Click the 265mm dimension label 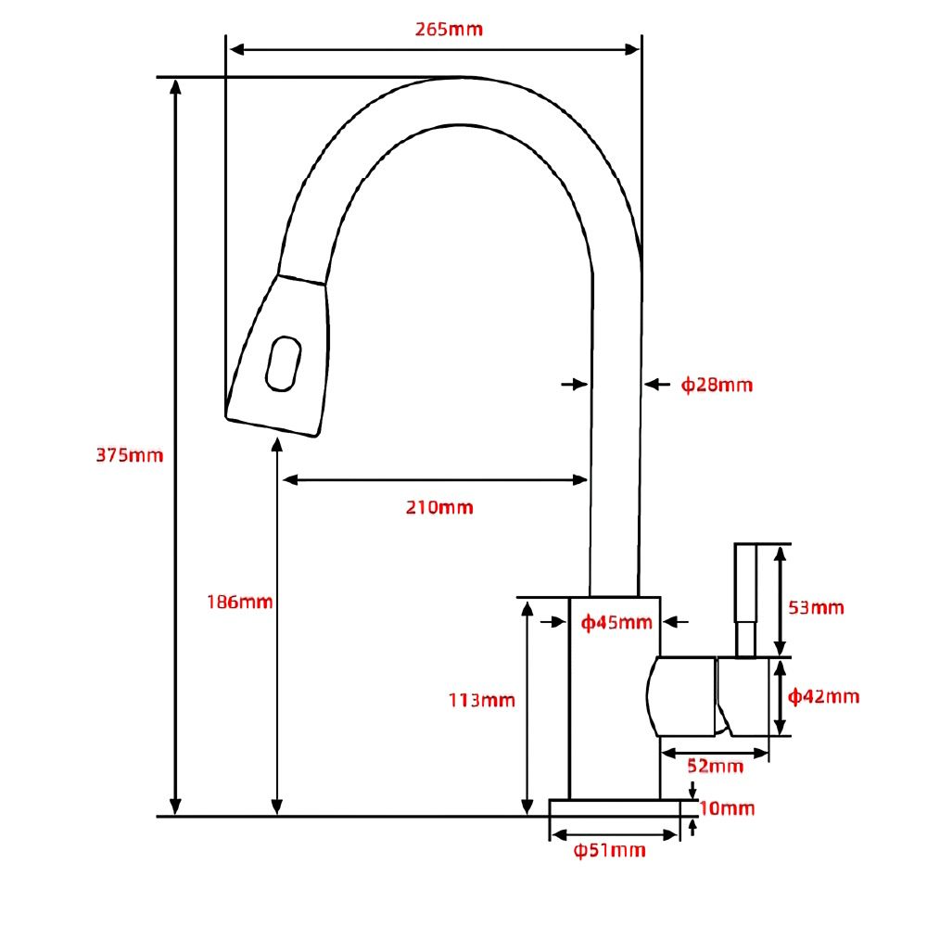click(449, 29)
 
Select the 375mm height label click(129, 455)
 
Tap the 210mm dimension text click(438, 507)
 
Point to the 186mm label click(239, 602)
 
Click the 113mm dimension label click(481, 700)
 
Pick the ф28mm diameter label click(717, 385)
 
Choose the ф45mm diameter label click(616, 622)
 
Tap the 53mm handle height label click(816, 608)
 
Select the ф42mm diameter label click(823, 696)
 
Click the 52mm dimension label click(715, 767)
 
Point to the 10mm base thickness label click(728, 809)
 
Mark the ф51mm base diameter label click(609, 851)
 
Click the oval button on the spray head click(283, 362)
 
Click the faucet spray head click(278, 357)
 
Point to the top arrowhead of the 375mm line click(175, 86)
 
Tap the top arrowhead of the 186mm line click(276, 446)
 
